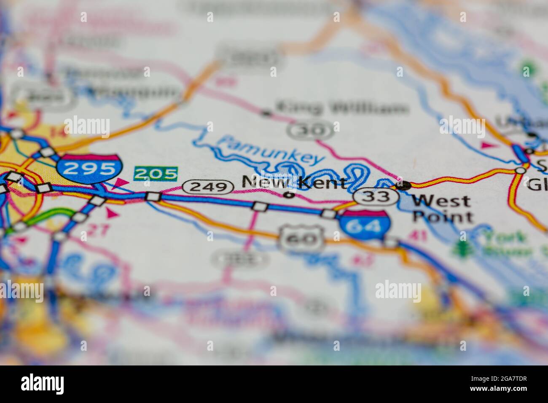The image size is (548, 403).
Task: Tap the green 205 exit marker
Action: click(x=156, y=173)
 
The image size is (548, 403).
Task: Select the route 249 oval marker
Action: click(x=208, y=187)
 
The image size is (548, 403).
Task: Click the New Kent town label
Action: click(x=295, y=183)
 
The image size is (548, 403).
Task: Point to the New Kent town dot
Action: click(x=289, y=195)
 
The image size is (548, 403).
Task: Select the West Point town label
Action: click(x=442, y=209)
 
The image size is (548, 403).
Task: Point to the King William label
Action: click(x=341, y=108)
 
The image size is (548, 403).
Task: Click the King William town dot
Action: click(x=266, y=113)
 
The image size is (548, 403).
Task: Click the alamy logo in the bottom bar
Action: click(x=42, y=384)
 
